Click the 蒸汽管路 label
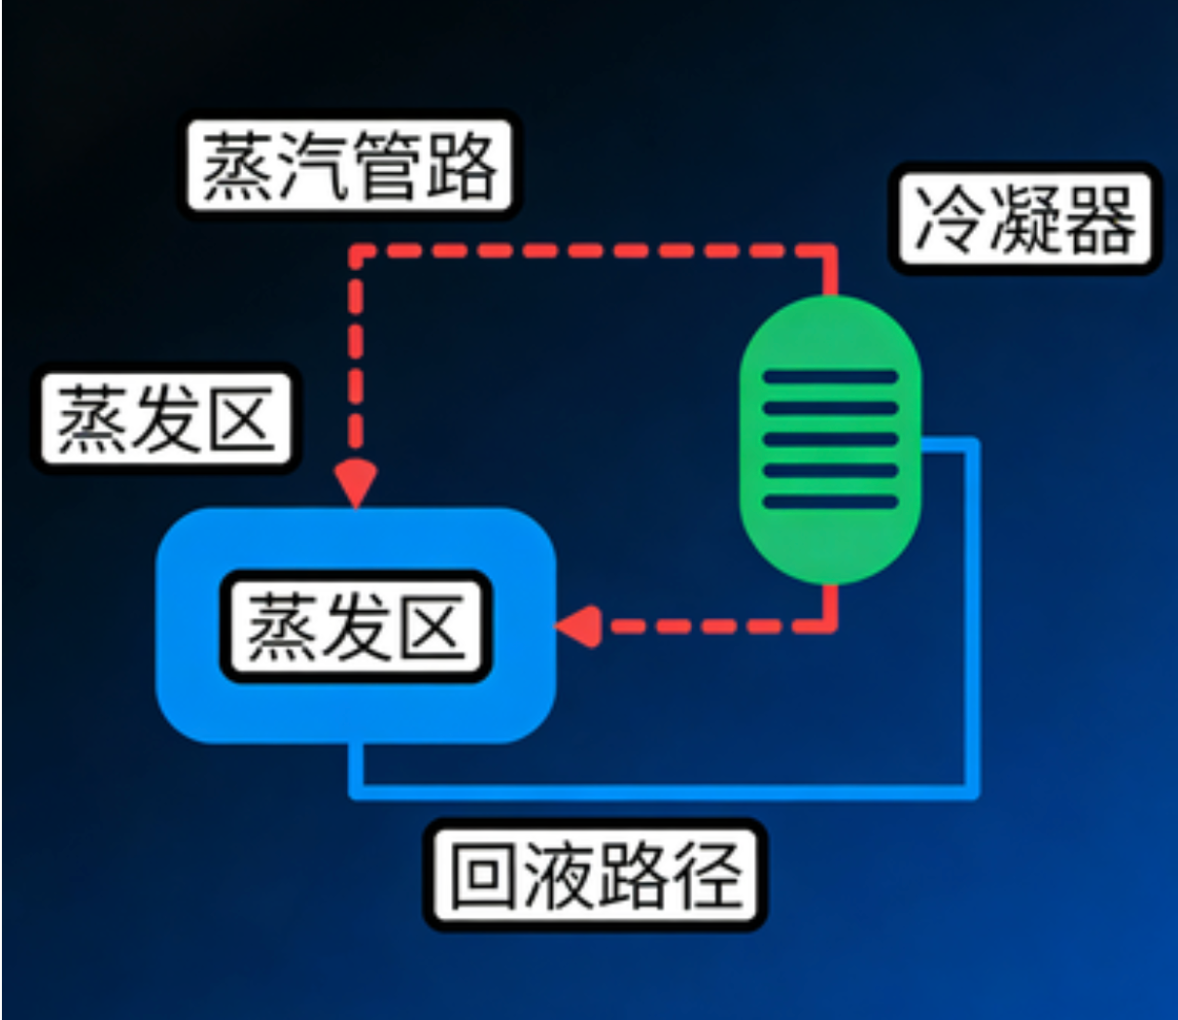click(x=349, y=165)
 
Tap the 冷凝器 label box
click(x=1024, y=219)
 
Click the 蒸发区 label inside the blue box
click(x=356, y=627)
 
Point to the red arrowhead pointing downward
click(x=356, y=481)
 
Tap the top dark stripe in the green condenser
click(x=830, y=377)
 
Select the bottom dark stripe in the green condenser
click(x=830, y=502)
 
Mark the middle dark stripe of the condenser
click(x=830, y=439)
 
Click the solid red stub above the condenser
click(x=830, y=272)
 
